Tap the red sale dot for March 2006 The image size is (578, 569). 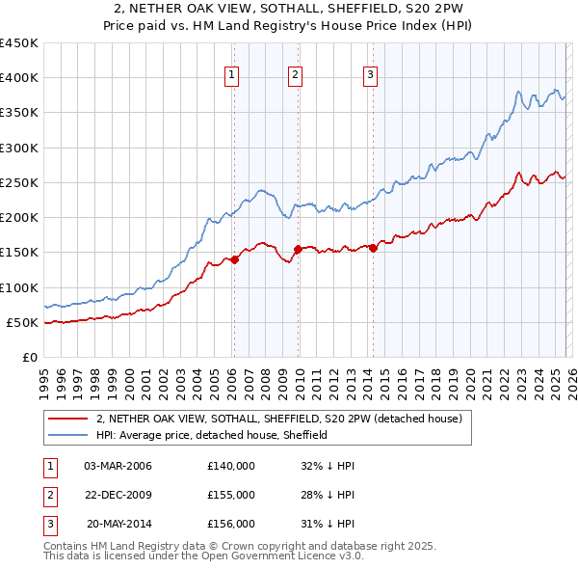point(234,259)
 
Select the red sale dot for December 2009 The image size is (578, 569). point(299,249)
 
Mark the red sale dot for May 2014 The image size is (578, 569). point(374,248)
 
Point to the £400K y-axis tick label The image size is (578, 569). point(19,78)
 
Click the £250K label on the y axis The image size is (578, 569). point(19,182)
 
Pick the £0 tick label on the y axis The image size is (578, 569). point(29,357)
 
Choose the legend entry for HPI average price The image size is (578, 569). point(212,435)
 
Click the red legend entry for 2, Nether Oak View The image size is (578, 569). point(279,419)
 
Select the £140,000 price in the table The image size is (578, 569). point(231,466)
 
